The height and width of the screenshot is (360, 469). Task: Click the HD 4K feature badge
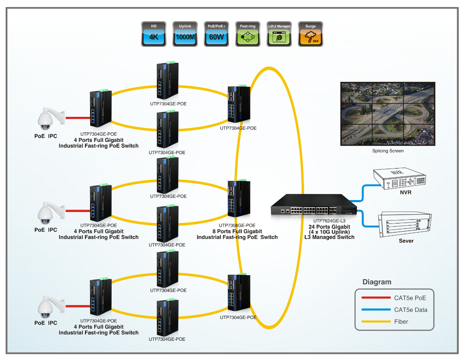(153, 34)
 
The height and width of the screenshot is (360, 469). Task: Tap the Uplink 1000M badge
(185, 34)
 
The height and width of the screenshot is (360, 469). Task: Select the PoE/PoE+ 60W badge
(216, 34)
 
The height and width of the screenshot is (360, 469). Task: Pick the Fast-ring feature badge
(248, 34)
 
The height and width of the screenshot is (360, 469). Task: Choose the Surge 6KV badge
(311, 34)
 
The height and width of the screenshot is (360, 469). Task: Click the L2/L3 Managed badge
(279, 34)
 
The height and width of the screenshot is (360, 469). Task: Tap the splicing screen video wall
(387, 114)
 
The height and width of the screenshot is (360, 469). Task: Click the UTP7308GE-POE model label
(237, 225)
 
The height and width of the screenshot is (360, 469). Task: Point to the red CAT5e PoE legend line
(376, 298)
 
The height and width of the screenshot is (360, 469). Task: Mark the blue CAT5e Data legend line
(376, 310)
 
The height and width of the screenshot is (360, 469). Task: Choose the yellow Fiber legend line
(376, 322)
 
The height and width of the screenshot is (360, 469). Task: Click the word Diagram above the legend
(377, 282)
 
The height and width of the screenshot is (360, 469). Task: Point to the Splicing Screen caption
(388, 151)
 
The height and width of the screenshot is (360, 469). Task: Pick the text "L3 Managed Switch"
(329, 237)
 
